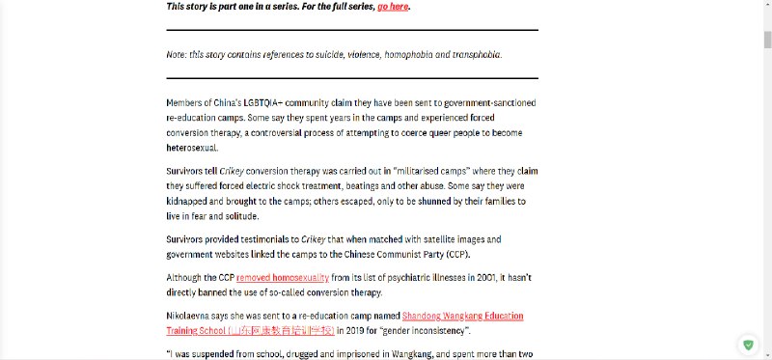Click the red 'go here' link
(394, 7)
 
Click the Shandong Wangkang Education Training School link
(462, 316)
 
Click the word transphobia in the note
(474, 54)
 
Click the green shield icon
(748, 345)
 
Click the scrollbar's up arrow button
(767, 5)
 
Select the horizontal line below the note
(352, 77)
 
